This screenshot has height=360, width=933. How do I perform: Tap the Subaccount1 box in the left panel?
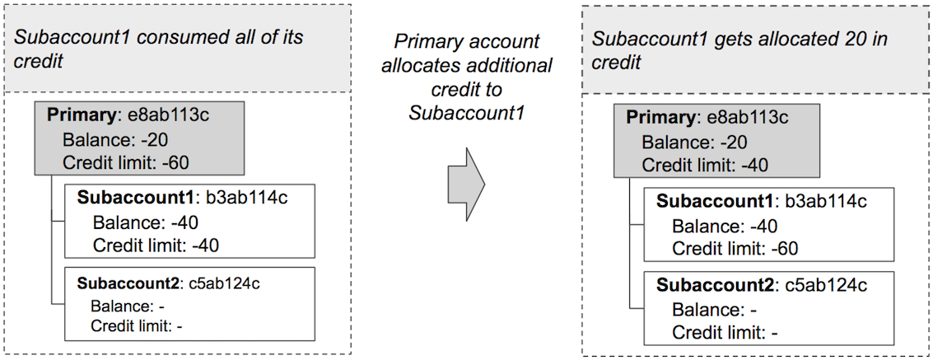[189, 221]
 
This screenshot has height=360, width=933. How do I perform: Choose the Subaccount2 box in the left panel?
[189, 303]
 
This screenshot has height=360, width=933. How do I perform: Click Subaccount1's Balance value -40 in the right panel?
[760, 226]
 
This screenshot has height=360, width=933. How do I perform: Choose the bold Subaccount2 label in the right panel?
[716, 287]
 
